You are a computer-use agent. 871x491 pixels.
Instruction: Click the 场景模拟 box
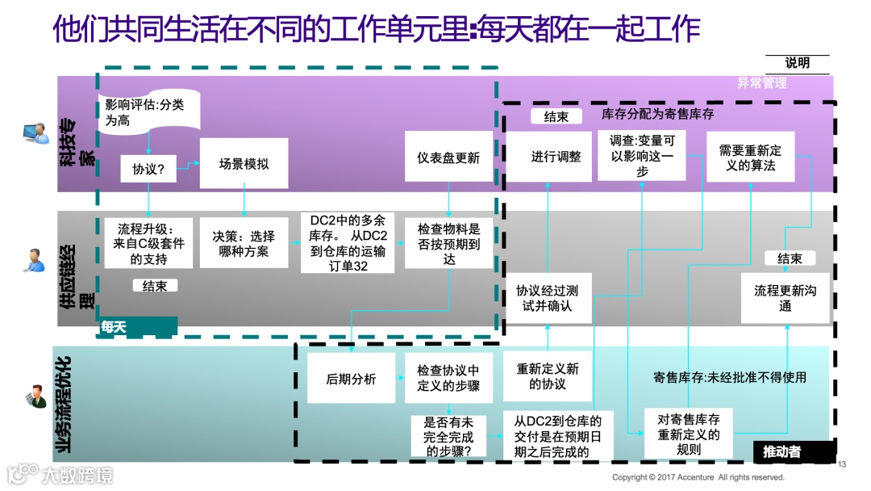pyautogui.click(x=244, y=164)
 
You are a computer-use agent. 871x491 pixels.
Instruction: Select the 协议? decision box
pyautogui.click(x=148, y=170)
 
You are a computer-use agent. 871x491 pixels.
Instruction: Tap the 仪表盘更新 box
pyautogui.click(x=448, y=158)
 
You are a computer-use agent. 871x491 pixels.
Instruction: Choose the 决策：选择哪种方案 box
pyautogui.click(x=244, y=244)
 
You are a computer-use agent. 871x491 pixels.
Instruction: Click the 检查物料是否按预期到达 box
pyautogui.click(x=448, y=244)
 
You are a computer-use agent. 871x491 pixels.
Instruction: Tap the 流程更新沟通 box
pyautogui.click(x=785, y=298)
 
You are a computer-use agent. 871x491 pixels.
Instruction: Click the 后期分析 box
pyautogui.click(x=351, y=379)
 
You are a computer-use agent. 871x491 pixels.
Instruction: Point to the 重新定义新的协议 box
pyautogui.click(x=548, y=377)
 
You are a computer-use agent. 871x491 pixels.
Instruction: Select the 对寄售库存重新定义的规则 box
pyautogui.click(x=689, y=434)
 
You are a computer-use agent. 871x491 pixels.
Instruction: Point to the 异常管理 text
pyautogui.click(x=761, y=82)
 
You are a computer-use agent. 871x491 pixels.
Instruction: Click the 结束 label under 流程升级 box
pyautogui.click(x=155, y=285)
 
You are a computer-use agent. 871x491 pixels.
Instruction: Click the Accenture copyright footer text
pyautogui.click(x=698, y=477)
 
